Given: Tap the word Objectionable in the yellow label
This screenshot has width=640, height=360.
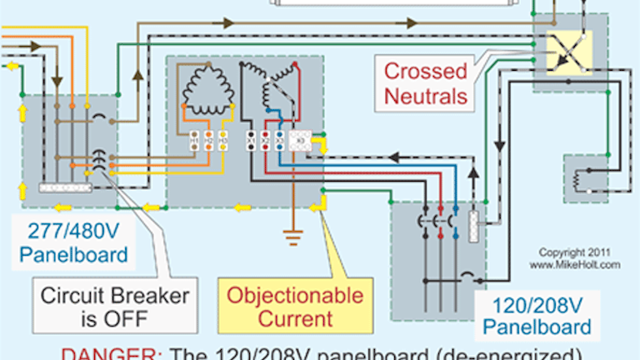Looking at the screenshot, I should [x=296, y=295].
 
